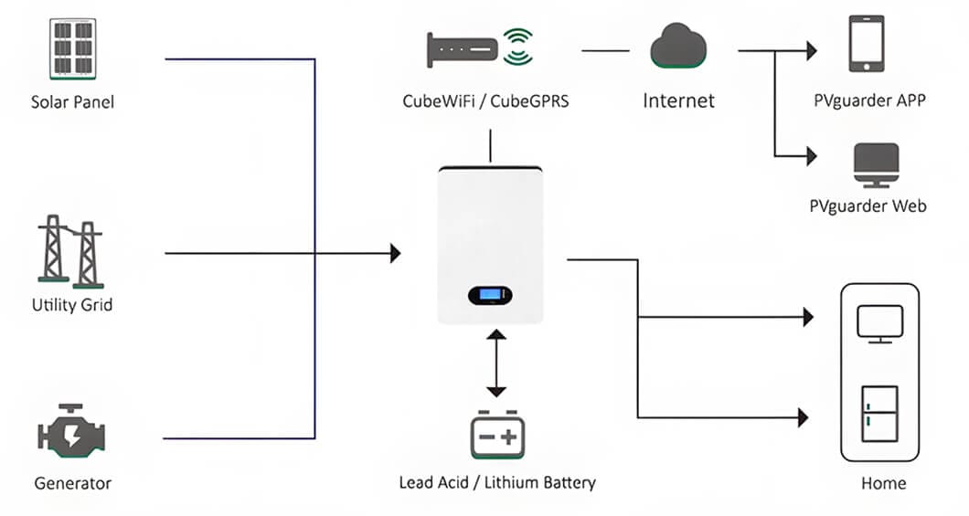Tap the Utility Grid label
pos(72,305)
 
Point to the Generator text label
pos(72,483)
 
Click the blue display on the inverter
pos(490,295)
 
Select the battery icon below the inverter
pos(495,435)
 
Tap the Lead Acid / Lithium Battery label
pos(497,482)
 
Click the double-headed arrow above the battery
pos(495,363)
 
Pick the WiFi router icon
pos(479,49)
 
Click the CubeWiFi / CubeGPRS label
pos(485,101)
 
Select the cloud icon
pos(678,47)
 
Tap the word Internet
pos(678,100)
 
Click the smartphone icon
pos(867,43)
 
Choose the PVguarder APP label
pos(868,101)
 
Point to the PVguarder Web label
pos(868,206)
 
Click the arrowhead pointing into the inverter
pos(395,253)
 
